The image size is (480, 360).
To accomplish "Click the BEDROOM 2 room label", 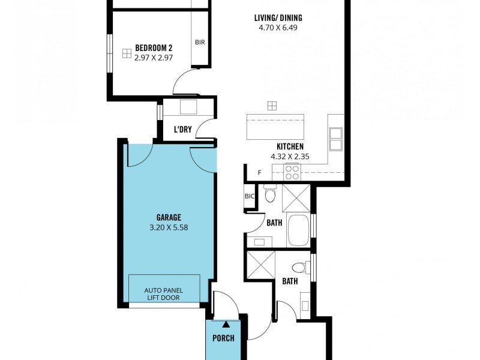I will tap(154, 48).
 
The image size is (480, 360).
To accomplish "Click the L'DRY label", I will tap(182, 130).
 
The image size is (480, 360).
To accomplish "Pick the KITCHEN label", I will tap(290, 147).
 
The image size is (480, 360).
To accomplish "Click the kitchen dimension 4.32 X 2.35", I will tap(290, 156).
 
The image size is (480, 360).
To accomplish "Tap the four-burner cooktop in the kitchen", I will tap(292, 173).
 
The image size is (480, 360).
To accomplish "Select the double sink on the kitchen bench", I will tap(335, 139).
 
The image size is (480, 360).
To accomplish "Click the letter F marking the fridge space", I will tap(259, 173).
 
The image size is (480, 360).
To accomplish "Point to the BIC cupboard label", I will tap(250, 196).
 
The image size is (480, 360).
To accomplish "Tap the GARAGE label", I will tap(169, 218).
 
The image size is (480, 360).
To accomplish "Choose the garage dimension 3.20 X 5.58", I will tap(169, 227).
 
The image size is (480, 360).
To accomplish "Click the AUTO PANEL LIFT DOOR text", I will tap(164, 294).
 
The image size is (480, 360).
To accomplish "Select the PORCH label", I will tap(223, 338).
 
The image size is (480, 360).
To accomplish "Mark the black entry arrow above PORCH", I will tap(226, 325).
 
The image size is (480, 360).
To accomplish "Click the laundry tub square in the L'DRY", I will tap(188, 107).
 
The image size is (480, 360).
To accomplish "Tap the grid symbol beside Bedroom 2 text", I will tap(126, 53).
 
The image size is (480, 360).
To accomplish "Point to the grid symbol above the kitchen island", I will tap(272, 106).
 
